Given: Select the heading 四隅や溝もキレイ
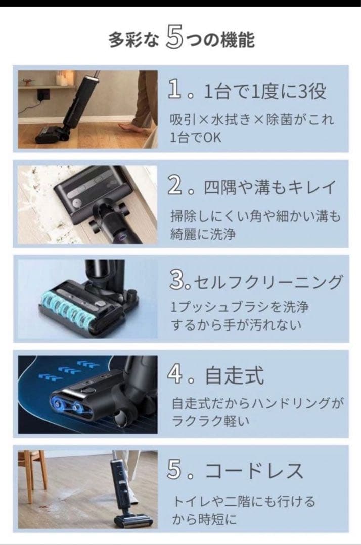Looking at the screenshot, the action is [x=270, y=187].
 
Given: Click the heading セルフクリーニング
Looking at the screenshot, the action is [x=267, y=282].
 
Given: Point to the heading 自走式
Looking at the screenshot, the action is [x=234, y=376].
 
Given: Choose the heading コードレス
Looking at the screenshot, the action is [x=254, y=471].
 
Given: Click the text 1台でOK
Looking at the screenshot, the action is [x=195, y=138].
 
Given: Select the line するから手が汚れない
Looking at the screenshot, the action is [x=236, y=325].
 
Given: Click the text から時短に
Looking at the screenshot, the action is [x=204, y=519].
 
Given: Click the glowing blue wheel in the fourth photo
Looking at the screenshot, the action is [x=57, y=399].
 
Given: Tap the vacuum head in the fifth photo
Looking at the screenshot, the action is [x=134, y=521].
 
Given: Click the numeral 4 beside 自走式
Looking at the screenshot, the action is [x=175, y=374].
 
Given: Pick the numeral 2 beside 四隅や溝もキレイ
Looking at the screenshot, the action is [x=175, y=186].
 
